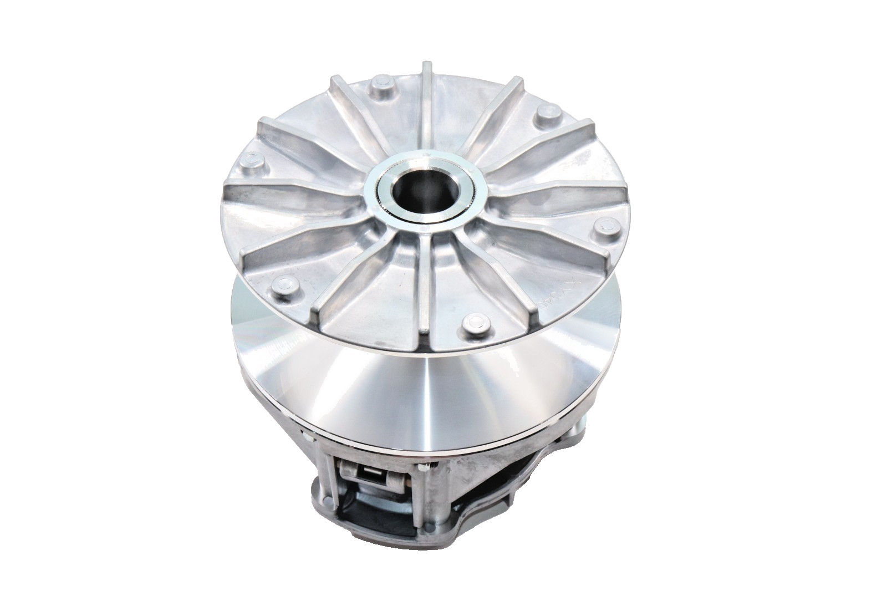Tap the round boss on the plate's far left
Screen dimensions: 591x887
click(253, 161)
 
